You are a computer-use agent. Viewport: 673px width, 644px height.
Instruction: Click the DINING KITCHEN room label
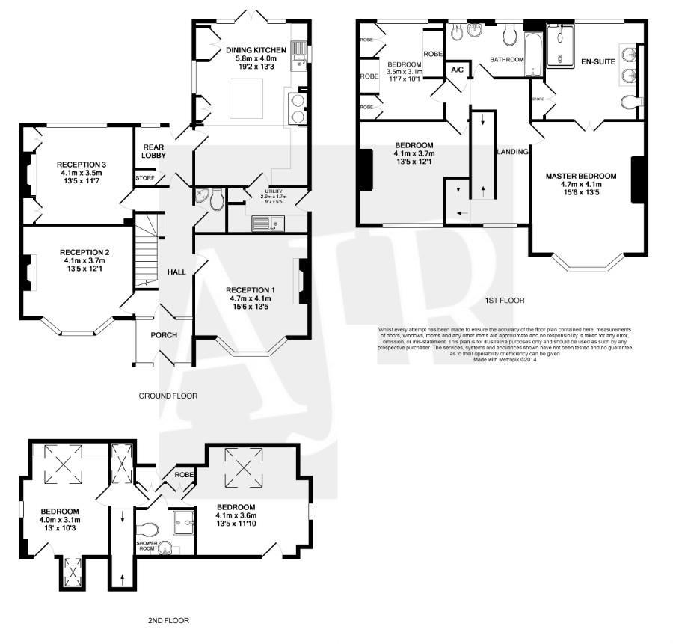256,50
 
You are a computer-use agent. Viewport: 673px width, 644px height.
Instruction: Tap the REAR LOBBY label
153,151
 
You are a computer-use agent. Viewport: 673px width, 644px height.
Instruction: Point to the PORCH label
164,334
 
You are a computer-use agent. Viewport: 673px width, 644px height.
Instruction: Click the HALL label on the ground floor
176,272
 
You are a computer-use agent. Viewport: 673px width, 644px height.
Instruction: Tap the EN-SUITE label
597,62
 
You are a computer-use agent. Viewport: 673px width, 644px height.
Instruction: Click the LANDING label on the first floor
512,152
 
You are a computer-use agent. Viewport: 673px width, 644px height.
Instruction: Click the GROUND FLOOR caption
168,396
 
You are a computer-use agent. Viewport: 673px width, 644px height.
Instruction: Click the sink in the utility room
264,222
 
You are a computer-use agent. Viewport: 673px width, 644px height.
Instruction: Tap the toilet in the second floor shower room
149,528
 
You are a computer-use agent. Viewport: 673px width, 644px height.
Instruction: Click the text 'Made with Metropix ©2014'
505,359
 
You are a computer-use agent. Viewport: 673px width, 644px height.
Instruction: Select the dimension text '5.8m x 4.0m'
256,58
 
